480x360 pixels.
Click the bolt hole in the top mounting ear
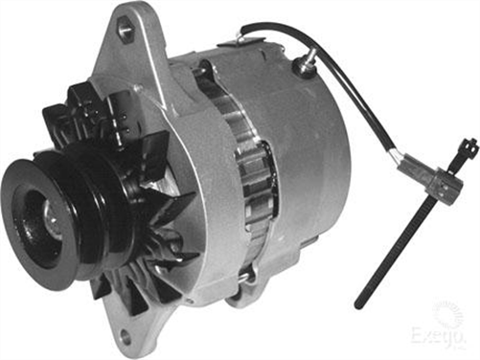[x=126, y=30]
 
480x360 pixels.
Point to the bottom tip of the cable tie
[x=358, y=304]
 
